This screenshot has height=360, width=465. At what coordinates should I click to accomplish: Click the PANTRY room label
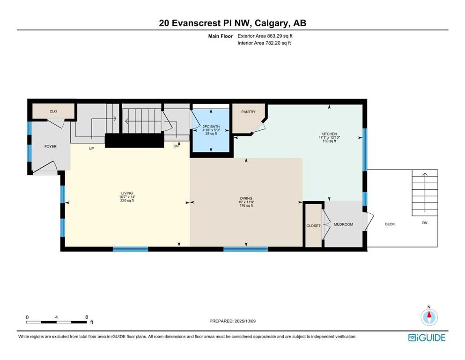[x=248, y=112]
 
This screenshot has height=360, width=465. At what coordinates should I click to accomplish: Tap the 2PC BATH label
[x=211, y=127]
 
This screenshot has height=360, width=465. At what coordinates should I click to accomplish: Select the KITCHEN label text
[x=329, y=134]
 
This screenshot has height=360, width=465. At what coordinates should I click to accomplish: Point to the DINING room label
[x=246, y=198]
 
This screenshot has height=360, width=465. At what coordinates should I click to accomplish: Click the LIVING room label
[x=127, y=193]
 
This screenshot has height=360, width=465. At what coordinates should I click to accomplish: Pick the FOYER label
[x=51, y=147]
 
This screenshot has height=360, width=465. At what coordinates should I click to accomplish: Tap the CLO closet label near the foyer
[x=53, y=111]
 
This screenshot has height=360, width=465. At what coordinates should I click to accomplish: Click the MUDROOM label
[x=343, y=225]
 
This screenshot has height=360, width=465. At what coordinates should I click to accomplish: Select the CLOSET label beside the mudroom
[x=313, y=226]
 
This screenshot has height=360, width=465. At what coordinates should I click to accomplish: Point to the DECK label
[x=390, y=224]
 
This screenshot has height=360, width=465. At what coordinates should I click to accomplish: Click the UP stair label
[x=91, y=149]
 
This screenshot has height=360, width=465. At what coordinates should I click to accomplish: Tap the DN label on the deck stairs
[x=425, y=223]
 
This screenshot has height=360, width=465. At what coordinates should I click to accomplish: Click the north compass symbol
[x=429, y=316]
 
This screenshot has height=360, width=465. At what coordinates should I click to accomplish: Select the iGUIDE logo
[x=427, y=338]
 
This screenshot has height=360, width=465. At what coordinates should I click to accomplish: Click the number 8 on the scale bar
[x=87, y=317]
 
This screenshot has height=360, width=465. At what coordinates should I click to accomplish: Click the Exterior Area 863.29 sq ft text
[x=265, y=36]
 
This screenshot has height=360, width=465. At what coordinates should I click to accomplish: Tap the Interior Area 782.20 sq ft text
[x=264, y=43]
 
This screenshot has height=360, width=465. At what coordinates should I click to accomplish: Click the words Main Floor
[x=221, y=36]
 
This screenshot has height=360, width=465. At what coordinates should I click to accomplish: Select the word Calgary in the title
[x=272, y=23]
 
